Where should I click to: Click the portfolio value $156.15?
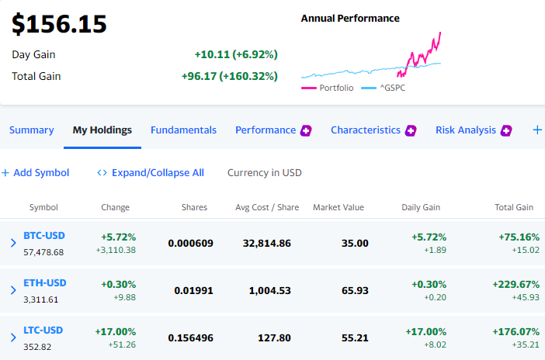(59, 24)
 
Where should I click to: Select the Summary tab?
(32, 130)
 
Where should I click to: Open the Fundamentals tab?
(183, 130)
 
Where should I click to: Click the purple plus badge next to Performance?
(306, 130)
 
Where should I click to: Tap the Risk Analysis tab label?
(466, 130)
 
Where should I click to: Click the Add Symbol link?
(36, 173)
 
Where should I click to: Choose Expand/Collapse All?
(151, 173)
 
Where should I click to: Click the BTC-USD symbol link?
(44, 236)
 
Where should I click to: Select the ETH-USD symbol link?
(45, 283)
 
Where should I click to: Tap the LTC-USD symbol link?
(43, 330)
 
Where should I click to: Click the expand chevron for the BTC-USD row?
(13, 243)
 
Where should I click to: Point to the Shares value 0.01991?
(193, 290)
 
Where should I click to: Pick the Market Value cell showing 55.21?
(355, 337)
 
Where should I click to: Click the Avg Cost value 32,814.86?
(266, 244)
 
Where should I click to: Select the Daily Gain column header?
(421, 207)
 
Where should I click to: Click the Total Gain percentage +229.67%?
(515, 285)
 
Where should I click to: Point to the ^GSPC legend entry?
(384, 88)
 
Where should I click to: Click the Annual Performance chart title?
(350, 19)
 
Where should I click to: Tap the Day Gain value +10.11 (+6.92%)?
(236, 54)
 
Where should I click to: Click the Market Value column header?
(338, 207)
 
